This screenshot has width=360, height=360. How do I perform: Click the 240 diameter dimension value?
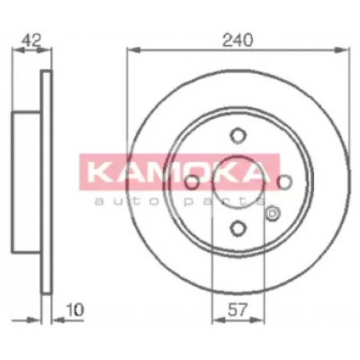[x=238, y=40]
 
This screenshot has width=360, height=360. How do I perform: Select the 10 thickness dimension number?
[x=74, y=310]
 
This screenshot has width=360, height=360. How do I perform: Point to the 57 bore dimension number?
[x=238, y=310]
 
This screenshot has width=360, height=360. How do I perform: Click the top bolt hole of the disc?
[x=238, y=136]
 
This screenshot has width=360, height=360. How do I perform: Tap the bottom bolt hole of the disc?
[x=238, y=229]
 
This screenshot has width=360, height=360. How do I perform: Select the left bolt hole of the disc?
[x=192, y=182]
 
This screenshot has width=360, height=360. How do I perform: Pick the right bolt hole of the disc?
[x=284, y=182]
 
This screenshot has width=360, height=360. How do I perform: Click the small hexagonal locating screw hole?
[x=273, y=213]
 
